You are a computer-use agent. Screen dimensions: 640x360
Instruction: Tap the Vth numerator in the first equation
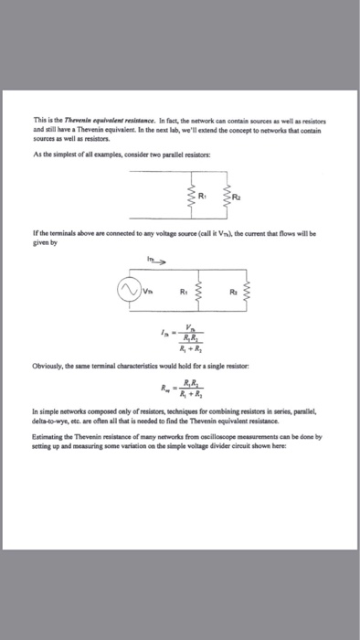click(x=188, y=330)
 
